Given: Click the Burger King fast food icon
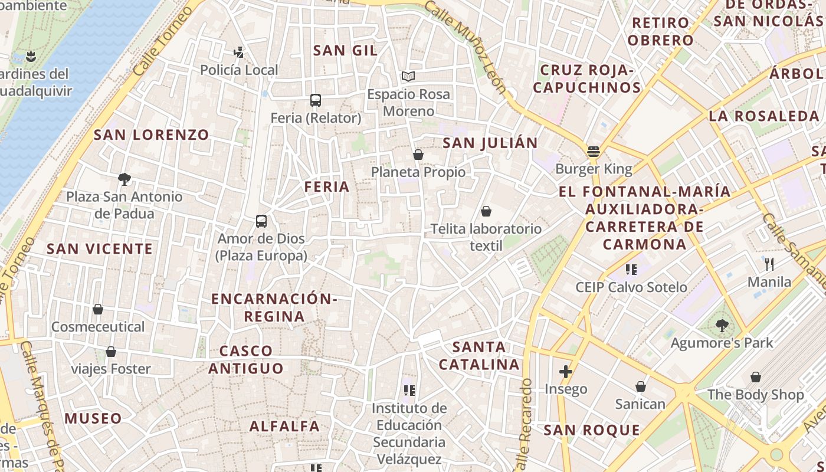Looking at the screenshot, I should (594, 152).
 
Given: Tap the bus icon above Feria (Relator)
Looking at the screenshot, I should (316, 100).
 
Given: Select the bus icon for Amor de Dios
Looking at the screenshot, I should (261, 221).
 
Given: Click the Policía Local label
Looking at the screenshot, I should (239, 70).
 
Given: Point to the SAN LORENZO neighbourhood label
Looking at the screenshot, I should (152, 135).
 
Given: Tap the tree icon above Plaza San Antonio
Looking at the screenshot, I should (124, 179).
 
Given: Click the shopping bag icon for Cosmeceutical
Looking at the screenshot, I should (98, 309).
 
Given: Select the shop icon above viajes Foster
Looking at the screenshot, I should (110, 352).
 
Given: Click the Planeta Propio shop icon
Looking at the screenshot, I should (418, 155).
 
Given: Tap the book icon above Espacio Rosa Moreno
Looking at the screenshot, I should (408, 76).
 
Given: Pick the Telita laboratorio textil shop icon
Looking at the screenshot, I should (486, 211).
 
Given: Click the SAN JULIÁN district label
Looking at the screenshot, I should (490, 143).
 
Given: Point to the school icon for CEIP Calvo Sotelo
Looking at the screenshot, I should (631, 270).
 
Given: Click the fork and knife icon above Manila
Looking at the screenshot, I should (769, 264).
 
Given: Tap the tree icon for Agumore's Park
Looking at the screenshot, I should (722, 325).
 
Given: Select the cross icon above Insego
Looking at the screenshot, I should (566, 371).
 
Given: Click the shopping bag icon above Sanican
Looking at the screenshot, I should (640, 386).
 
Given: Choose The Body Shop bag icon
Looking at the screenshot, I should (755, 377).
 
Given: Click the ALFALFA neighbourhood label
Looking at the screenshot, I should (284, 426).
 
